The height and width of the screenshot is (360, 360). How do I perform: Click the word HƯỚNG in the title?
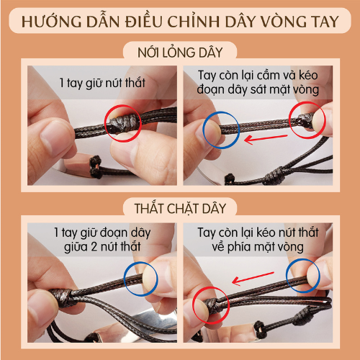click(51, 21)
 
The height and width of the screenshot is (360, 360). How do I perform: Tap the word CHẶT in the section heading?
click(178, 209)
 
